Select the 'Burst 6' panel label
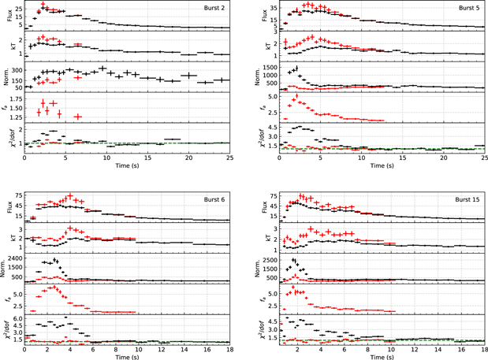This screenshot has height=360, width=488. (x=212, y=199)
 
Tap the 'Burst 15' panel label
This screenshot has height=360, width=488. (x=466, y=199)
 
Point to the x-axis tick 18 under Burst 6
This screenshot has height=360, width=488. (x=229, y=346)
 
